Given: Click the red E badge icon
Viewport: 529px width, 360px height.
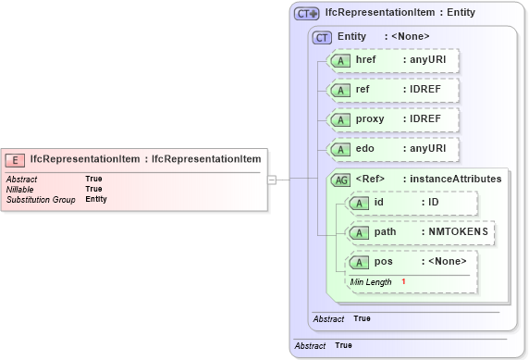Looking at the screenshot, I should [x=17, y=158].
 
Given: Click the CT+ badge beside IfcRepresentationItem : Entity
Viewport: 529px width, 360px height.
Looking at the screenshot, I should [x=306, y=14].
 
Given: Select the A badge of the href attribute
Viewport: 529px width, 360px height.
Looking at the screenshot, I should [x=341, y=59].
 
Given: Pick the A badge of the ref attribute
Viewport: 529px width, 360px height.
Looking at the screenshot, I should [x=341, y=90].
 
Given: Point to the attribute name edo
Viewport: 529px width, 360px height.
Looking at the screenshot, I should [x=365, y=149].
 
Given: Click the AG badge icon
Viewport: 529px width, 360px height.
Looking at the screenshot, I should [x=341, y=180].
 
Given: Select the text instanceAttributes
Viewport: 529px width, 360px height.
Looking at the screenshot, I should [x=458, y=179].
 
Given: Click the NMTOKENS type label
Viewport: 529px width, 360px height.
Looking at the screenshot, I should [x=456, y=231].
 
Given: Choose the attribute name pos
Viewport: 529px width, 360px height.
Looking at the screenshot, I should [x=383, y=262].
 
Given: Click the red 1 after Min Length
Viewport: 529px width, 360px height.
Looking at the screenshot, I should [x=403, y=281].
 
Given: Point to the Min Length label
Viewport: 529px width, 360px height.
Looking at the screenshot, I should [x=370, y=281].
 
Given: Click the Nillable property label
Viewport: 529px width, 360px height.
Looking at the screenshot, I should [x=20, y=189].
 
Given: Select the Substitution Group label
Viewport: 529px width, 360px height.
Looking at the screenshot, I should [x=40, y=199].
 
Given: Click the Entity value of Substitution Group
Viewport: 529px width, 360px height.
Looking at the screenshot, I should [x=96, y=199].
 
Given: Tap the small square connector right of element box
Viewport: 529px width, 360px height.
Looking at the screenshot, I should [x=272, y=180].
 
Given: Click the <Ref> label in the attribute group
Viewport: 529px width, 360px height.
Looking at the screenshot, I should [x=370, y=179].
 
